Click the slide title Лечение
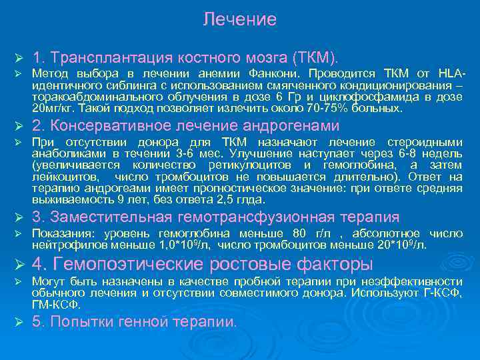(x=239, y=19)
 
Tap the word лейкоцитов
(x=66, y=177)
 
